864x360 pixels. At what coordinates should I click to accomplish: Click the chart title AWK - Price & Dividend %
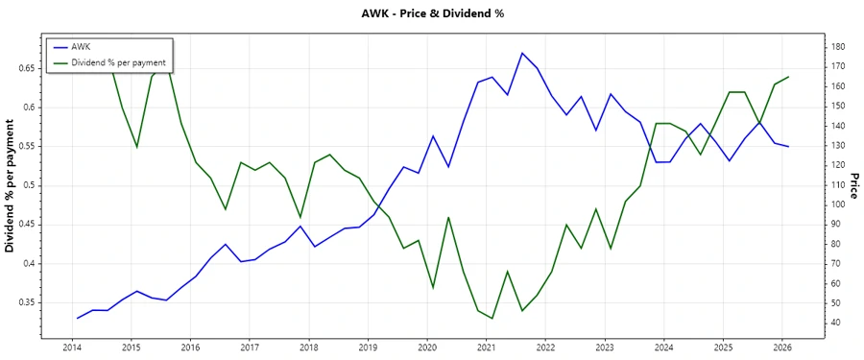431,13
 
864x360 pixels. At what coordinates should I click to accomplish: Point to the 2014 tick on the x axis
71,348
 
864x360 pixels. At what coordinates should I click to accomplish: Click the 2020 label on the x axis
427,348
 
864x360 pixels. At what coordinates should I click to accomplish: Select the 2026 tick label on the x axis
783,348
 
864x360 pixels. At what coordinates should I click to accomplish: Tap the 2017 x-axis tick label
250,348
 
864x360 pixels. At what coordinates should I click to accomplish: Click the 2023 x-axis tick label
605,348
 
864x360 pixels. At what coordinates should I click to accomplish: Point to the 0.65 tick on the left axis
26,68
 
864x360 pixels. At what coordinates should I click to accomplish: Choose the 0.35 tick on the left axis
26,302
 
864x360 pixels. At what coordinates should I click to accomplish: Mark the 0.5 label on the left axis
30,185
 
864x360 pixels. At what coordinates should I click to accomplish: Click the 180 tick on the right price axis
838,47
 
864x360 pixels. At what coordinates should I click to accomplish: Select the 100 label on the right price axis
838,204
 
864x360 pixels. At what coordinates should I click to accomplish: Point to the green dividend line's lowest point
492,319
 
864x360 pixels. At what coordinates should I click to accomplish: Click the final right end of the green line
788,77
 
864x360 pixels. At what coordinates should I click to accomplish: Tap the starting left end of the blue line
77,318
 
